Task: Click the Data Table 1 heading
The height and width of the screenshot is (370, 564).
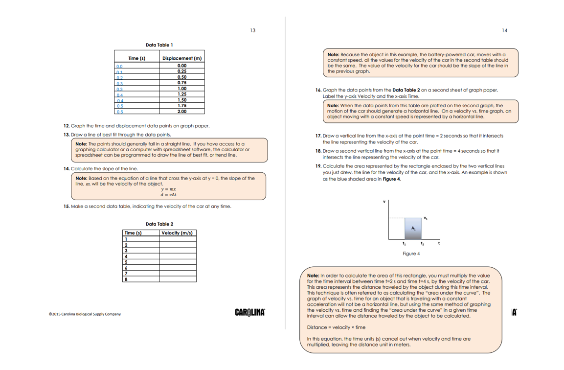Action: pos(159,45)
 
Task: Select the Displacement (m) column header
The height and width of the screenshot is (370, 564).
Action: pos(182,58)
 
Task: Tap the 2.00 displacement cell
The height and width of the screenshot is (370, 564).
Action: pos(182,112)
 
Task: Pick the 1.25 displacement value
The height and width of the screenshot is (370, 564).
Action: pos(182,94)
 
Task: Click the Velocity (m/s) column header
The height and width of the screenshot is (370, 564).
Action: pos(177,233)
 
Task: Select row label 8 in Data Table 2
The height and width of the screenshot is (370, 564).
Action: pos(126,279)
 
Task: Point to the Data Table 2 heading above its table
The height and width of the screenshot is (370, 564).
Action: pos(159,224)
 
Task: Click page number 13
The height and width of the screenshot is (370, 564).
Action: pos(252,30)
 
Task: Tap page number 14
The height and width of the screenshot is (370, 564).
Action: pos(504,30)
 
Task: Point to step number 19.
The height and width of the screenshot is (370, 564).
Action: pos(318,166)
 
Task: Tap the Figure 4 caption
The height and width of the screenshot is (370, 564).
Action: pos(411,254)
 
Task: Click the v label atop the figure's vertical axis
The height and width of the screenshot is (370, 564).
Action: pos(384,202)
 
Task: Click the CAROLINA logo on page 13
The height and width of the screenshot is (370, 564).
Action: pos(250,312)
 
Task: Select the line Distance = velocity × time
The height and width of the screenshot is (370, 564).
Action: pos(336,327)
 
